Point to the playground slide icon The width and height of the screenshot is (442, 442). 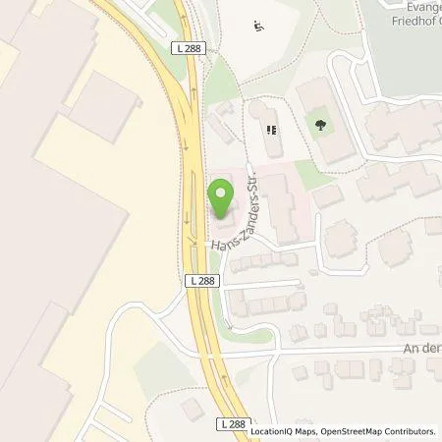pyautogui.click(x=257, y=27)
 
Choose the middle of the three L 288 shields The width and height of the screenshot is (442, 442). pyautogui.click(x=199, y=281)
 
